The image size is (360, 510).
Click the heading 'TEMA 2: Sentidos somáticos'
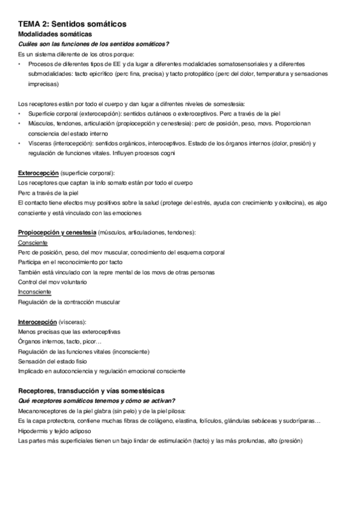(72, 23)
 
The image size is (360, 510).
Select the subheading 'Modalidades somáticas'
(55, 34)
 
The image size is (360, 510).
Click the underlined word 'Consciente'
(34, 242)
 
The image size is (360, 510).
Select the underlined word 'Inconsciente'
(35, 292)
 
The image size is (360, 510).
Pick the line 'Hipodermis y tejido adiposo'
(55, 431)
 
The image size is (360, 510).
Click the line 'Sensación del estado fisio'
(53, 361)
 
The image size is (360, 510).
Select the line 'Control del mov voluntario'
(53, 281)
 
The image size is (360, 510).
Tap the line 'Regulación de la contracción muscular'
(69, 301)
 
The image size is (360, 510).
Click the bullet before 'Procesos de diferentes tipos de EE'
(20, 64)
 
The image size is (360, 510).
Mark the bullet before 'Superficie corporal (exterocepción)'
(20, 114)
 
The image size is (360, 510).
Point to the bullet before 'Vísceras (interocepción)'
(20, 144)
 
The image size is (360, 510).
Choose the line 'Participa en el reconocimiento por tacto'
(70, 262)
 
